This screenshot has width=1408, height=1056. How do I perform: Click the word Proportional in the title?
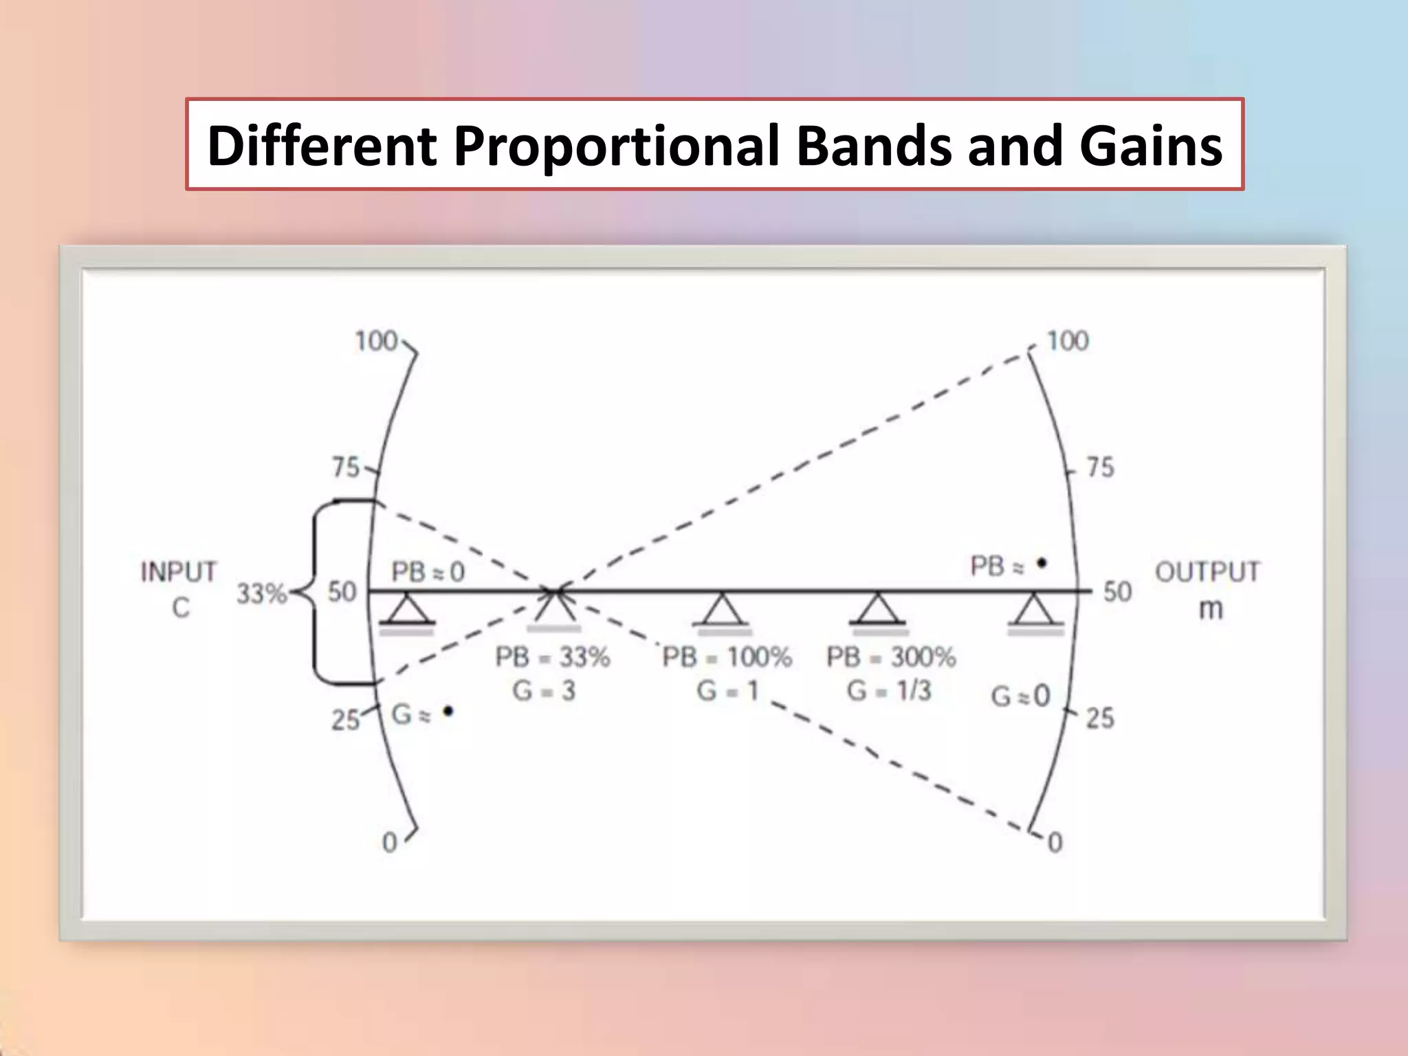(617, 146)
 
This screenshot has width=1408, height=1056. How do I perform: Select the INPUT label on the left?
(179, 572)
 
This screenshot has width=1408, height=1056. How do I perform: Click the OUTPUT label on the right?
(1207, 572)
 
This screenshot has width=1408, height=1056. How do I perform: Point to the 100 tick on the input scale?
(377, 341)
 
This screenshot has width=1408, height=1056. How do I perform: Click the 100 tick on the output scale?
(1067, 341)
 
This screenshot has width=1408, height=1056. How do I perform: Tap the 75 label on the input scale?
(346, 467)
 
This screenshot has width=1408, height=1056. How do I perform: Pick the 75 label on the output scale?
(1100, 467)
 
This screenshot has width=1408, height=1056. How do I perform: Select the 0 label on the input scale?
(390, 842)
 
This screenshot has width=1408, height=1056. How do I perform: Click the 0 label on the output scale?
(1055, 842)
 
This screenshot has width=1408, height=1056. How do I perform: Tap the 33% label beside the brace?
(261, 594)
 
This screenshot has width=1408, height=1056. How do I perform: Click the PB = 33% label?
(553, 657)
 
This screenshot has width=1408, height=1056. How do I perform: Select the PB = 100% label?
(727, 657)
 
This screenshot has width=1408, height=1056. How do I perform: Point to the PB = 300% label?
(891, 657)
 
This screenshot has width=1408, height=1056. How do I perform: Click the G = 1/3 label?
(889, 690)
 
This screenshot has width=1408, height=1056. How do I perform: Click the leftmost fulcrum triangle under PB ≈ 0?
(407, 610)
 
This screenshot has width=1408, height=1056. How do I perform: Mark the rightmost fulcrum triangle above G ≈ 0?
(1035, 610)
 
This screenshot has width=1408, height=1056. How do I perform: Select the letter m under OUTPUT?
(1211, 610)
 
